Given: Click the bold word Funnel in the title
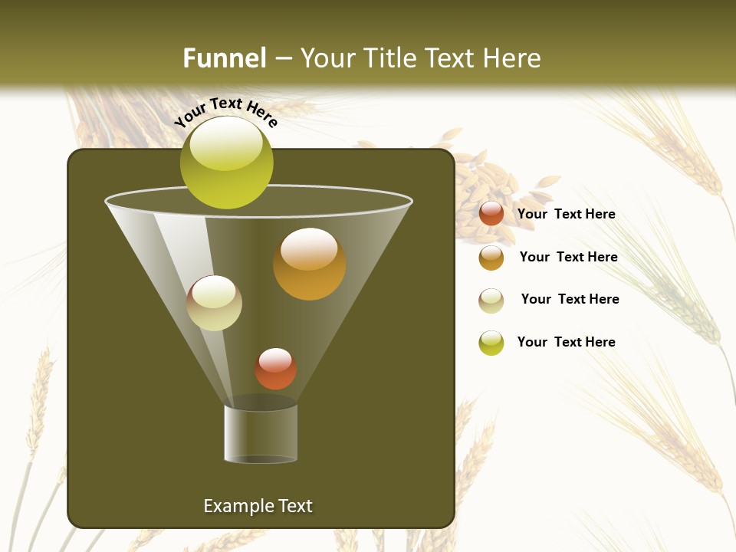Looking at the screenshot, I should pos(225,58).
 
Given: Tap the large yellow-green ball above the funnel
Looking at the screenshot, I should pos(226,163).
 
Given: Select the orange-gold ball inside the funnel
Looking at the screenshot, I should pos(309,264).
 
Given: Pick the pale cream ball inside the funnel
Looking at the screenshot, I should pos(214,303).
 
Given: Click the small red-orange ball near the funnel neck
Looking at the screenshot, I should pos(275,369).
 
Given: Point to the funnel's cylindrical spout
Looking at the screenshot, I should pos(261,433).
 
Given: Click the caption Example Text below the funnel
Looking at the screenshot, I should pos(258,506).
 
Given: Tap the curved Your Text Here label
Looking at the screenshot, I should pos(225,112).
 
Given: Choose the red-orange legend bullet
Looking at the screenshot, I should pos(491,214).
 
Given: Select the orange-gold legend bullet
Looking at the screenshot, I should pos(491,258).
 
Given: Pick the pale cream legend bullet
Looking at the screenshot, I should pos(491,301).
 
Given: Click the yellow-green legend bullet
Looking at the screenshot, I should pos(491,343).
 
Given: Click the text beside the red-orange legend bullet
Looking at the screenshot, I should pos(566,214).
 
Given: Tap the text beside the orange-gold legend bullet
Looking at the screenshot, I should pos(568,257).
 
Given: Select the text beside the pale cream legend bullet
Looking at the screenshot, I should pos(570,299).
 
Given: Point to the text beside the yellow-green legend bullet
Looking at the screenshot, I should pos(566,342).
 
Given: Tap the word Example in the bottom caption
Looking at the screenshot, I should pos(235,506).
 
